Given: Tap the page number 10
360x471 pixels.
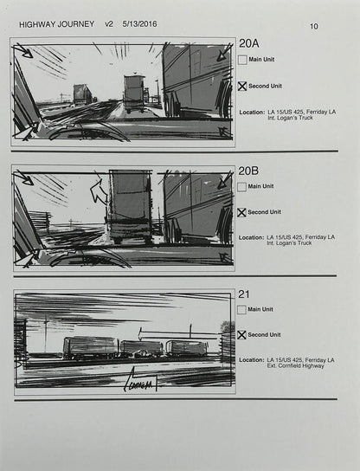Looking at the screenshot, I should [313, 26].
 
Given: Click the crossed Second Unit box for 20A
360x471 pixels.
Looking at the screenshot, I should [242, 87].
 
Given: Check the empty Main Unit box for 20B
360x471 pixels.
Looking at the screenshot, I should [242, 186].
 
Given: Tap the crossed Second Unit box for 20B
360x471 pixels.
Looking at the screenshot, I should [242, 212].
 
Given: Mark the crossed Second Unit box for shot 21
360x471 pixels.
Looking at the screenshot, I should [242, 335].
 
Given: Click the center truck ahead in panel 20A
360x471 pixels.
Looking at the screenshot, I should [134, 93].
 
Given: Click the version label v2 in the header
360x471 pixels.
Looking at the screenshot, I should [110, 25].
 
